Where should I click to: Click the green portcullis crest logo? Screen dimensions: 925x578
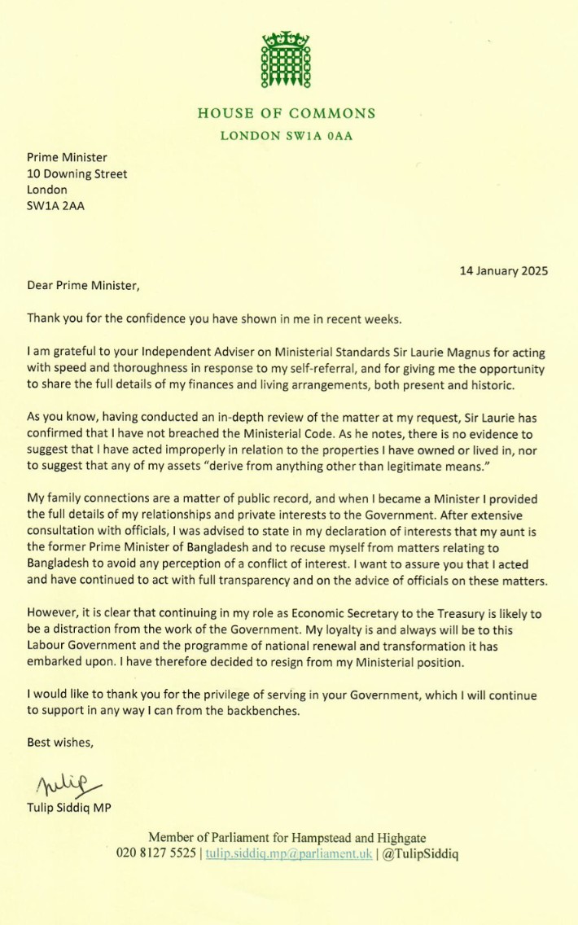pyautogui.click(x=286, y=60)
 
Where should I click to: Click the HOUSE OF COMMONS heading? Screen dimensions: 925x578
pyautogui.click(x=287, y=114)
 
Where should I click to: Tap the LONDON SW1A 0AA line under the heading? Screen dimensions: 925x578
pyautogui.click(x=287, y=136)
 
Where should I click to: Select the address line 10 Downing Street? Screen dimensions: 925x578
pyautogui.click(x=77, y=173)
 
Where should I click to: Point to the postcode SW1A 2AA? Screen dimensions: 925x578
pyautogui.click(x=55, y=205)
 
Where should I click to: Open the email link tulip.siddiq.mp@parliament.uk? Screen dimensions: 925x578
pyautogui.click(x=288, y=853)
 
